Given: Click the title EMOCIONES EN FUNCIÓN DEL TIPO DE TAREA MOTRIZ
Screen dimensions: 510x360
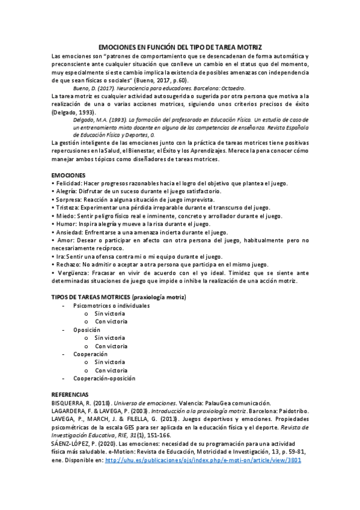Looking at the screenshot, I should point(180,47).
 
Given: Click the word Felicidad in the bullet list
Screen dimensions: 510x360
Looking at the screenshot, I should point(69,183).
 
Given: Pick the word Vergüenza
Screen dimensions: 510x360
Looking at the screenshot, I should point(72,272).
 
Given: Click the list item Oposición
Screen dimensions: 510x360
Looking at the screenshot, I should point(87,330).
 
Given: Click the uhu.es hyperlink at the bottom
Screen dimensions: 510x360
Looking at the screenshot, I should point(203,460).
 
